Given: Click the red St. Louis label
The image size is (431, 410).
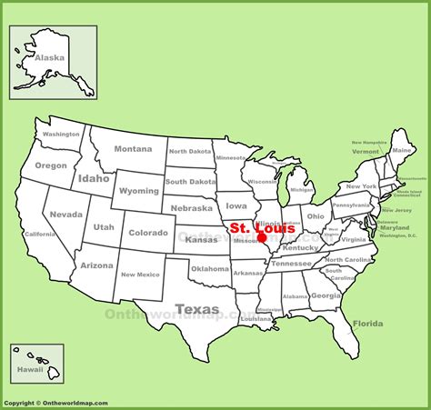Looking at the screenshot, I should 261,227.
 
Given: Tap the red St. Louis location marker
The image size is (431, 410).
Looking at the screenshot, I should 262,242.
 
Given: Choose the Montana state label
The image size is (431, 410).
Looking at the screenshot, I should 133,149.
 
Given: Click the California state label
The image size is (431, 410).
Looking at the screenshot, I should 39,235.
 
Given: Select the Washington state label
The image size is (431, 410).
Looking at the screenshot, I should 61,135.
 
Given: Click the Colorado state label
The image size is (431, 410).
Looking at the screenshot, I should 148,232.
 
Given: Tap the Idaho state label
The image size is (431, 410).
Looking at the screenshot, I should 94,178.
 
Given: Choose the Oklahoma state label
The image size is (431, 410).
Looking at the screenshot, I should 210,268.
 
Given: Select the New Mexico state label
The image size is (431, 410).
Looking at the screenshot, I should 141,275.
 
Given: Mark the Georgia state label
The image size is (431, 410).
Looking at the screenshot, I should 325,295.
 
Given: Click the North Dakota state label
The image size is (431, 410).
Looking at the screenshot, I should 188,152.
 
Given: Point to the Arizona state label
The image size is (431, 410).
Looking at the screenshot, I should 96,265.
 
